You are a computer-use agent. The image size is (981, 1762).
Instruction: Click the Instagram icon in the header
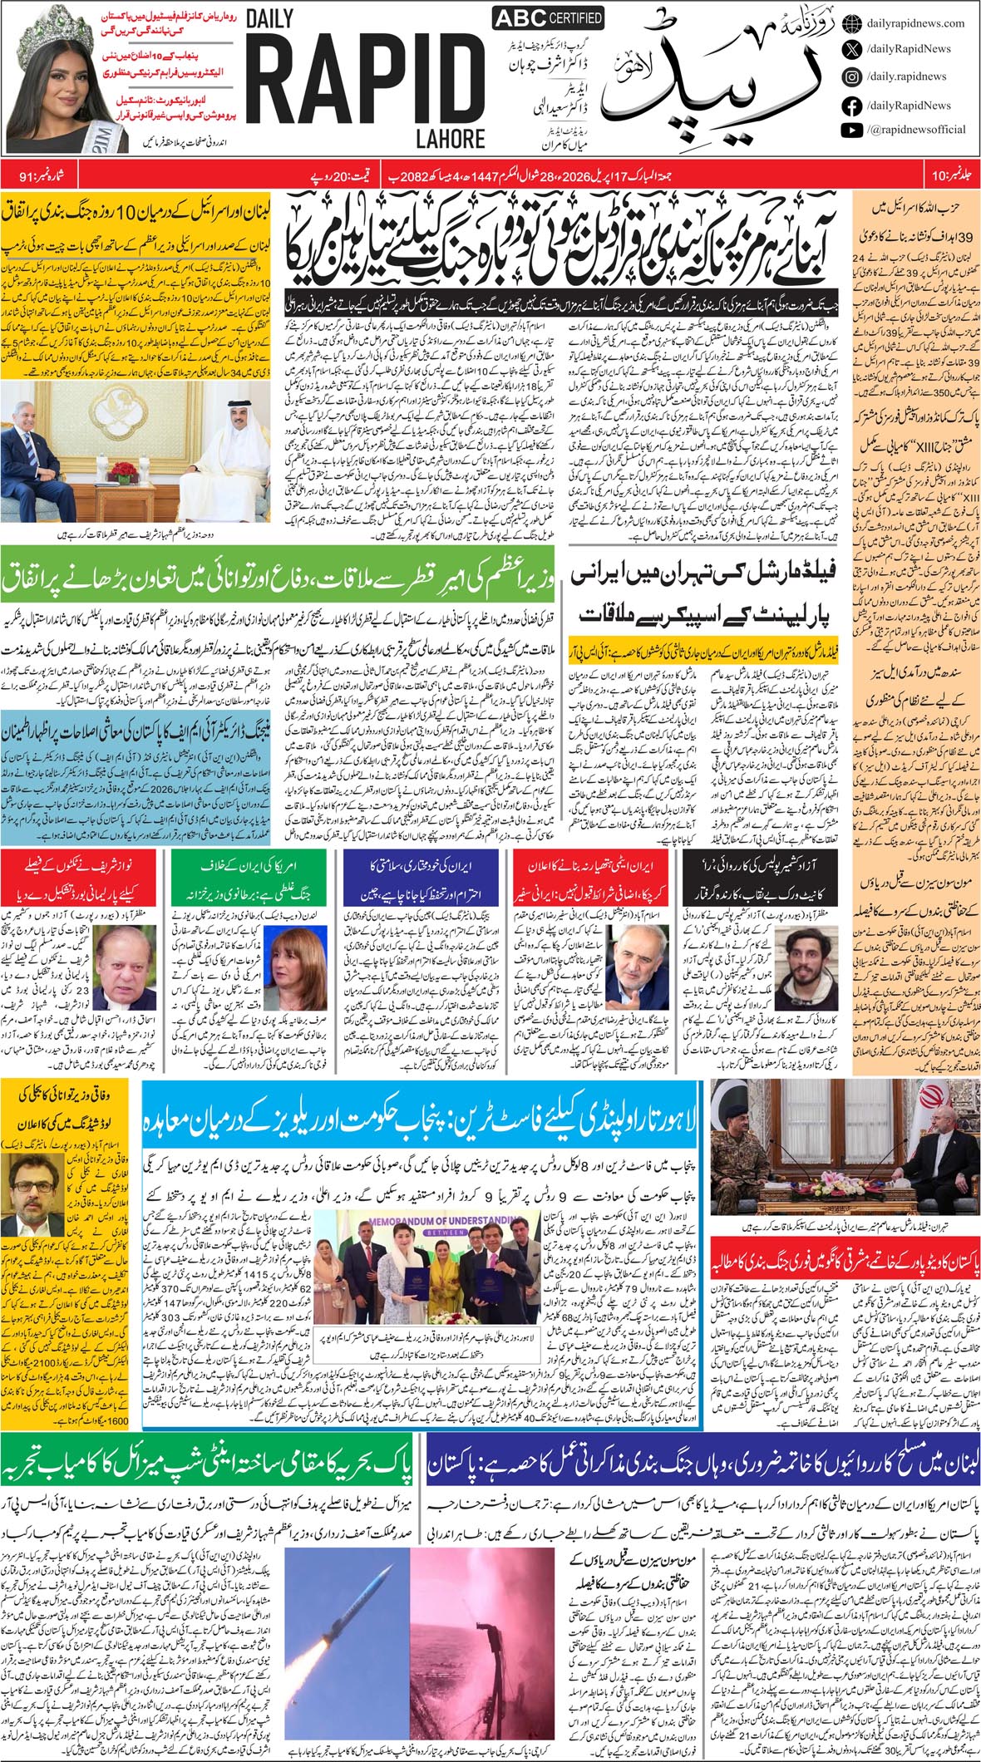pyautogui.click(x=851, y=76)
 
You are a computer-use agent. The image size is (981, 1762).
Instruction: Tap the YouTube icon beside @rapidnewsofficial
pyautogui.click(x=851, y=130)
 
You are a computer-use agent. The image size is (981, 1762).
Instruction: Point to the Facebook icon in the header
pyautogui.click(x=851, y=105)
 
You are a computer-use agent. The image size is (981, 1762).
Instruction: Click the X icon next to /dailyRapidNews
pyautogui.click(x=851, y=49)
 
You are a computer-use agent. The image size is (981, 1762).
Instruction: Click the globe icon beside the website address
pyautogui.click(x=851, y=23)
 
